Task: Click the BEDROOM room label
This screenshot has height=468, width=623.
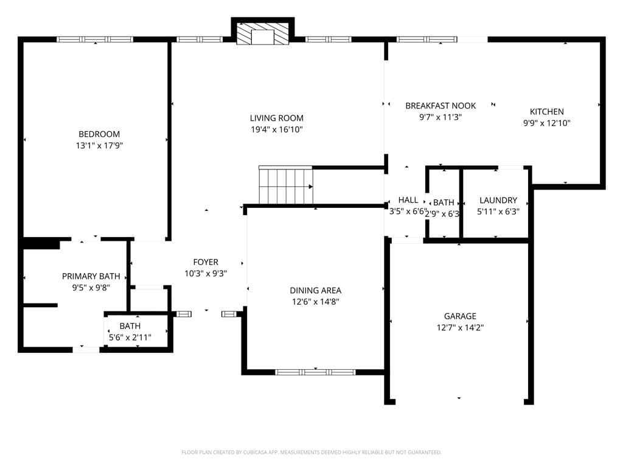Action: [x=99, y=134]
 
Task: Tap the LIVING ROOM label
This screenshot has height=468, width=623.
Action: [x=277, y=118]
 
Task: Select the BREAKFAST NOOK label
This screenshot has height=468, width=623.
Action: [x=440, y=106]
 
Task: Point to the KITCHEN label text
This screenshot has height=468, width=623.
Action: [x=547, y=112]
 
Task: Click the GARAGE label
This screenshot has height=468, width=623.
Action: [x=460, y=316]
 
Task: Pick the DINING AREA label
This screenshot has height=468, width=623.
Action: [x=316, y=291]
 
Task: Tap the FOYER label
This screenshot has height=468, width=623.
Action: [x=206, y=262]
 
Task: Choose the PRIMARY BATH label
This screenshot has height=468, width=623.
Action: [x=91, y=276]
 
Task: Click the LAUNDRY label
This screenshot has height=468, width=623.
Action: [x=498, y=200]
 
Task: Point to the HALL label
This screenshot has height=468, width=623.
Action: [x=408, y=200]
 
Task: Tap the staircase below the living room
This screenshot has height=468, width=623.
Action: [x=286, y=185]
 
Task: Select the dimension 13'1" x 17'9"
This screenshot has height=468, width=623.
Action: [x=99, y=146]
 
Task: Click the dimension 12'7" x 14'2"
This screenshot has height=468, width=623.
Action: [x=460, y=328]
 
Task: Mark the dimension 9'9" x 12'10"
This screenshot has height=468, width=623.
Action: [x=547, y=123]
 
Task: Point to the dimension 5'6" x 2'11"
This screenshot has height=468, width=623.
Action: [x=130, y=338]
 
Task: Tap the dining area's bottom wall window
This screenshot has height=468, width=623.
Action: [x=315, y=372]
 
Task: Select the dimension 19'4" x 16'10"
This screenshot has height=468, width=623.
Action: [x=277, y=129]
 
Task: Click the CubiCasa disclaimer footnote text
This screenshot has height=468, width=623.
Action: [x=311, y=453]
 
